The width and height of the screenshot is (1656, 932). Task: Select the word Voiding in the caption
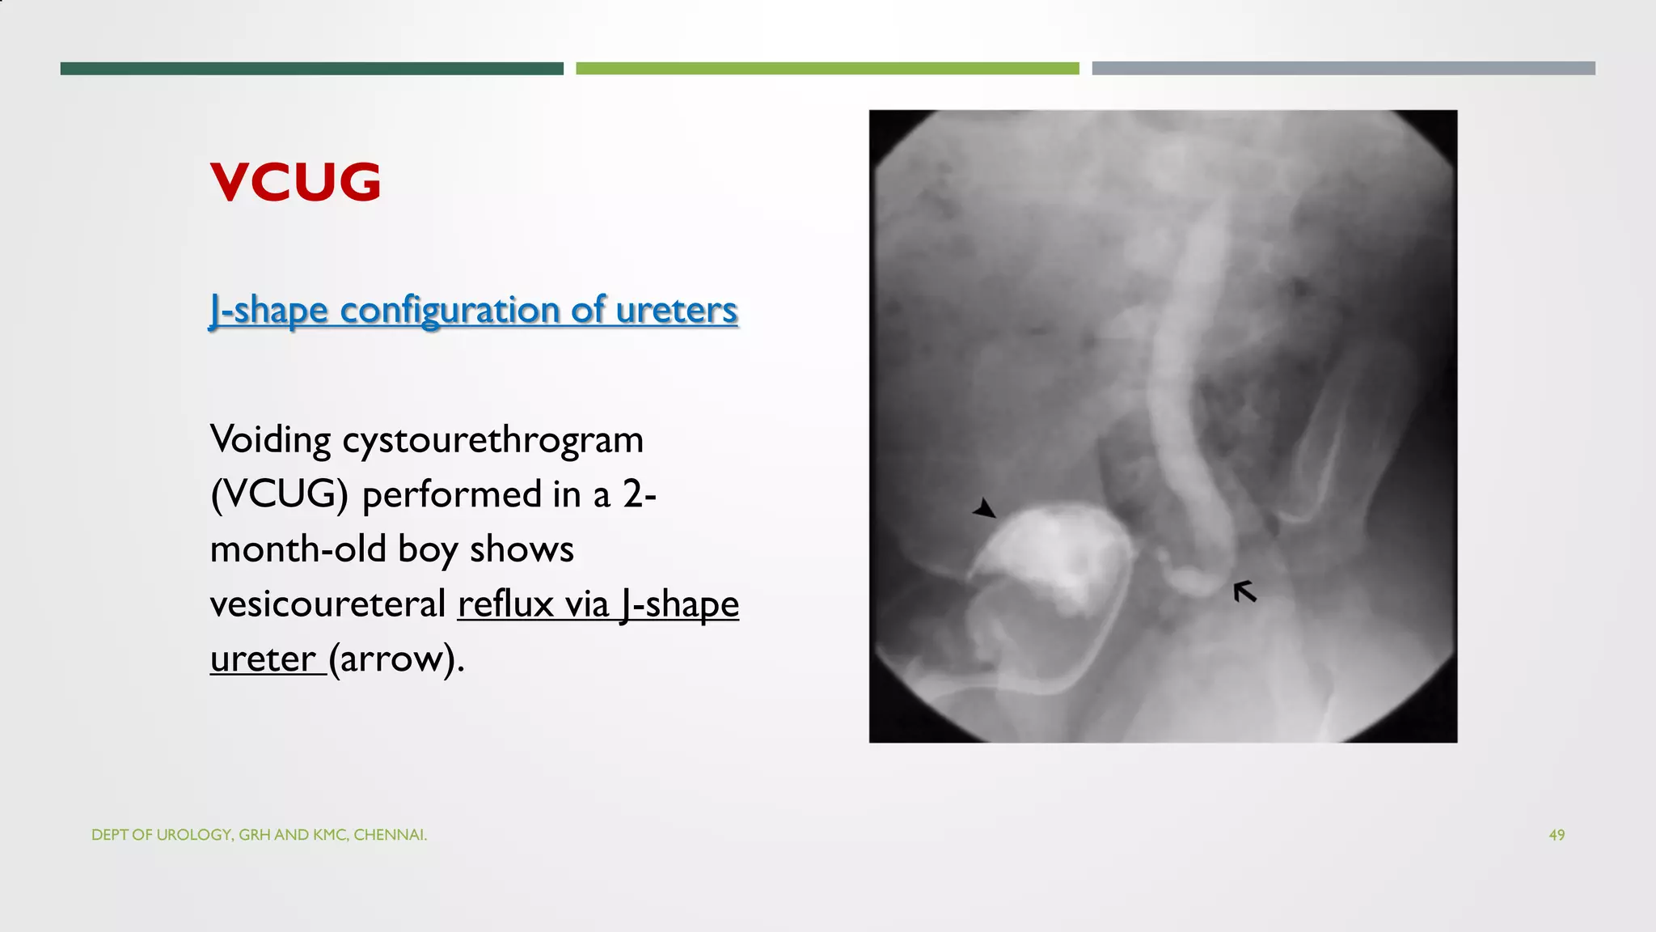270,440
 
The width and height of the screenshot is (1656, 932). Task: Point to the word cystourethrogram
492,440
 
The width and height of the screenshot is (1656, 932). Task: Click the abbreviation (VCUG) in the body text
279,494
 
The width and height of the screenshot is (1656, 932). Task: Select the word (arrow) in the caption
396,659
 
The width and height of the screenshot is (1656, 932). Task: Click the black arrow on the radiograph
1244,591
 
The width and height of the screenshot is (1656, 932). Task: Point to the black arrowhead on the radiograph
985,509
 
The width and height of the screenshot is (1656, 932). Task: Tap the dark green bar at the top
311,69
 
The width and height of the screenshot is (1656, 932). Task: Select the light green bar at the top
827,69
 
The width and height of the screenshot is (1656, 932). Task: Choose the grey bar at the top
1343,69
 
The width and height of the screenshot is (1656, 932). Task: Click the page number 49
1557,835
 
